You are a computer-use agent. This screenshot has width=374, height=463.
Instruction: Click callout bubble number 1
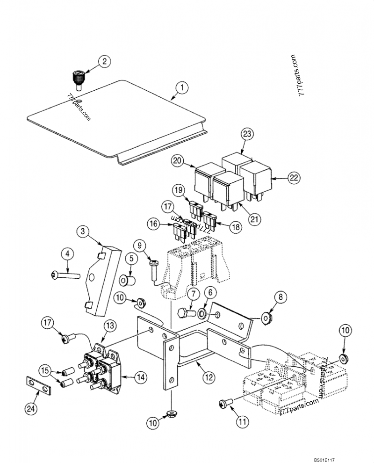click(x=181, y=87)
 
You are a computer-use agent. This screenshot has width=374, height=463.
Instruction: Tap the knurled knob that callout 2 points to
click(x=77, y=79)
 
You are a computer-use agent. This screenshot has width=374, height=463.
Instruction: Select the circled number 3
click(x=82, y=232)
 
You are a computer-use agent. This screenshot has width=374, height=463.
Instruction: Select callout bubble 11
click(x=242, y=421)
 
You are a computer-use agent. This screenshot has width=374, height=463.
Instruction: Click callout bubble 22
click(x=293, y=178)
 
